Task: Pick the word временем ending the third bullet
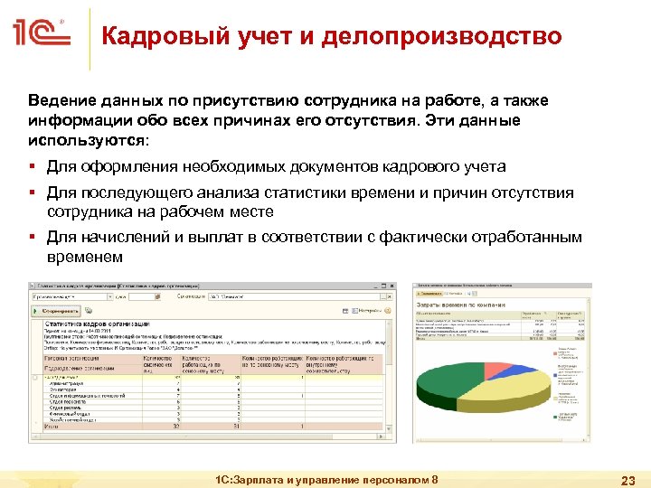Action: [84, 257]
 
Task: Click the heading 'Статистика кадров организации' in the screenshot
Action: [97, 324]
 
